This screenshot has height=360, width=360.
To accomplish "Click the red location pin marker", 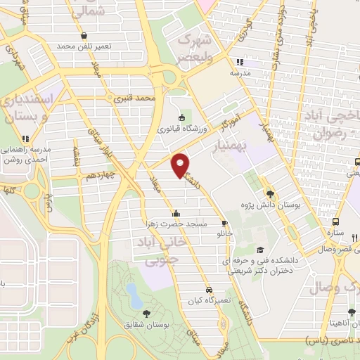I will tap(181, 165).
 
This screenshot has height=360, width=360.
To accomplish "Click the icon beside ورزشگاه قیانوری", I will tap(182, 117).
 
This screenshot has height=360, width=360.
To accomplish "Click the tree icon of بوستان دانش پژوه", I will tap(271, 193).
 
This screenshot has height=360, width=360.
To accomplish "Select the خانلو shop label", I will tap(224, 231).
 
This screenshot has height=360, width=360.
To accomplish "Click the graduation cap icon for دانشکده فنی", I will tap(261, 250).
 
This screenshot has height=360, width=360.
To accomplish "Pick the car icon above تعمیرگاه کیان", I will tap(209, 290).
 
